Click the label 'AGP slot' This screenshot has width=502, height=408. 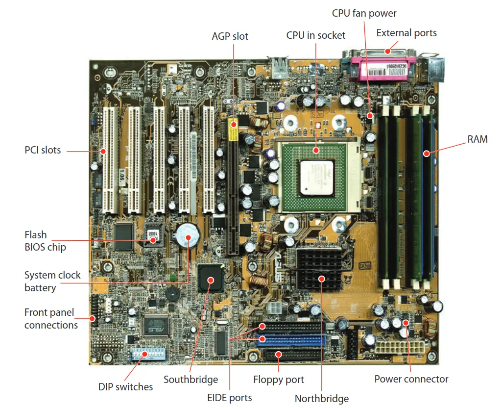[x=230, y=36]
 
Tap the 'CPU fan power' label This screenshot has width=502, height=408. [x=364, y=13]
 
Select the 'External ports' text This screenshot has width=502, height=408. [x=406, y=33]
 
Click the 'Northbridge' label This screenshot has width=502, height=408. [x=322, y=399]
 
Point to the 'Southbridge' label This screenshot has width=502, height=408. [x=191, y=380]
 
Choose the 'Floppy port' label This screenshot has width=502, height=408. [x=279, y=380]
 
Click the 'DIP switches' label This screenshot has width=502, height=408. [x=125, y=387]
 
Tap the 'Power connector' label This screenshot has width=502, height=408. [x=411, y=379]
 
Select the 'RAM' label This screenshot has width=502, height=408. [x=478, y=139]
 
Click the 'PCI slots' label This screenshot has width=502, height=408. [x=43, y=150]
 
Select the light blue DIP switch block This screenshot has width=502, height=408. [x=143, y=354]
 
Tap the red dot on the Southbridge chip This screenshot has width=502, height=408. [x=211, y=280]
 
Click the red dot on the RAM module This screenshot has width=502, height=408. [x=426, y=153]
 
